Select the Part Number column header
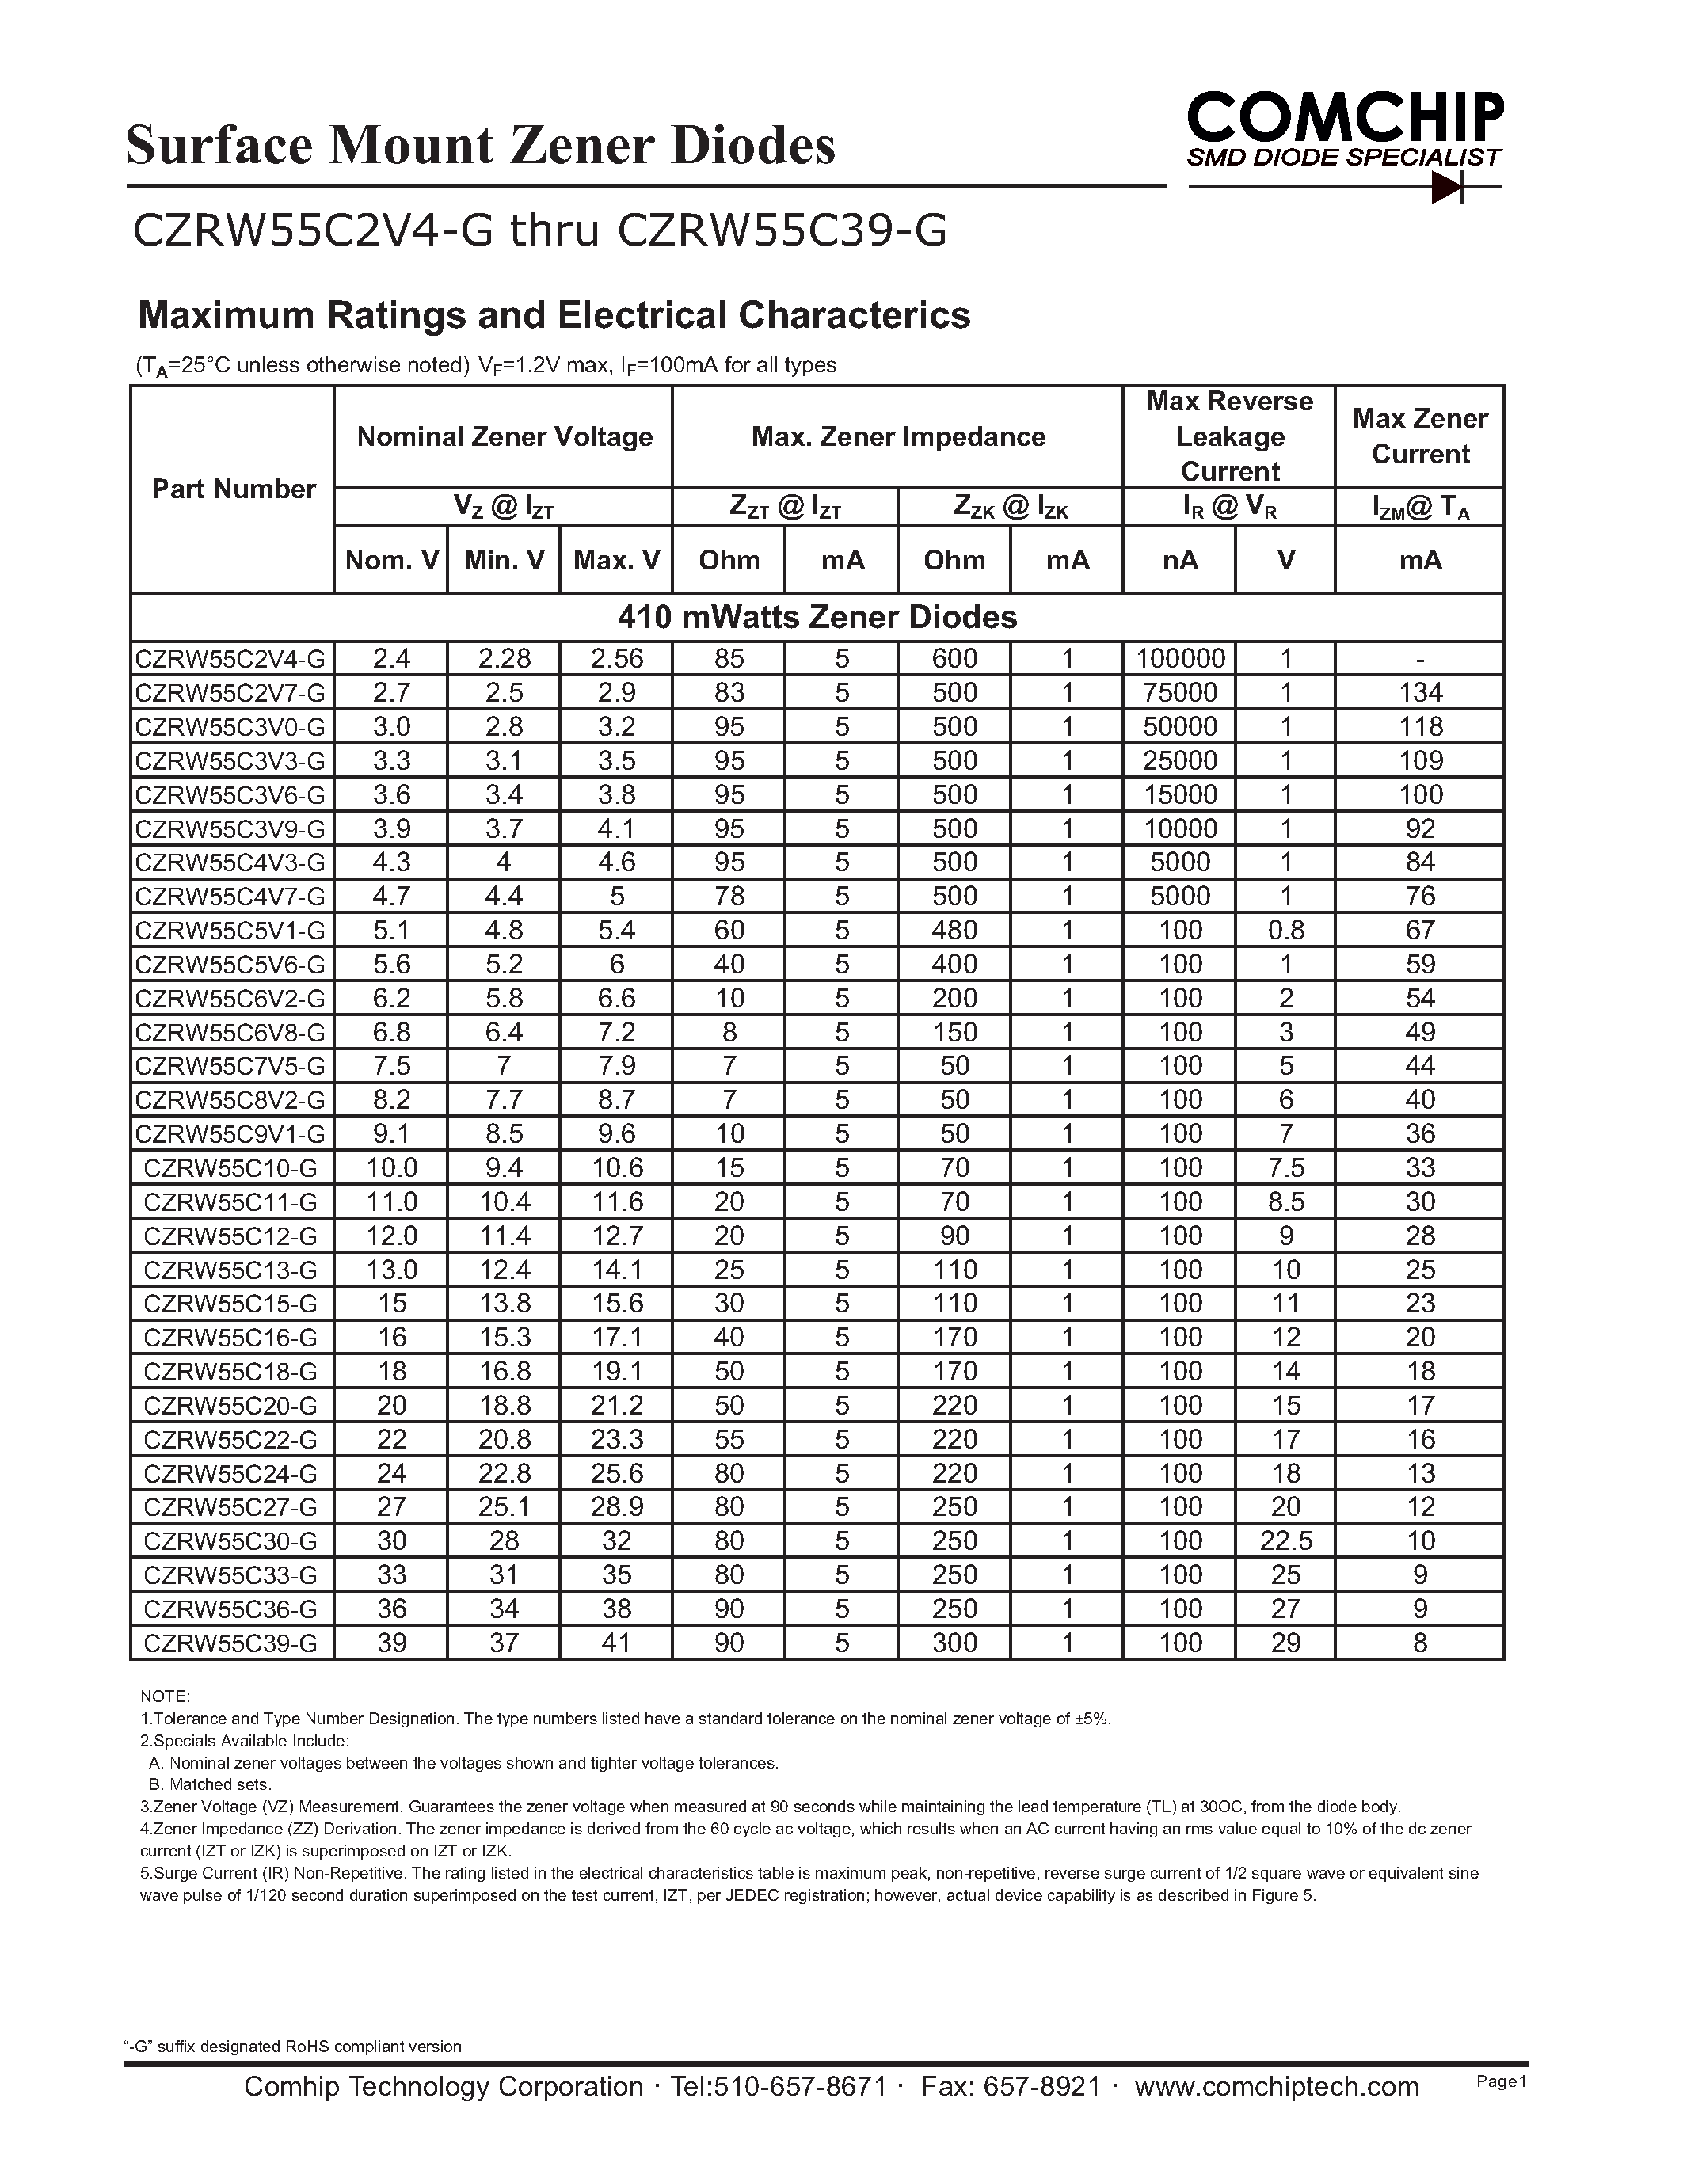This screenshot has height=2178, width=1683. tap(234, 489)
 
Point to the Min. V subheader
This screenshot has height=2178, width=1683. tap(504, 559)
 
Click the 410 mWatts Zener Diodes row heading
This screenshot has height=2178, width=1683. tap(817, 617)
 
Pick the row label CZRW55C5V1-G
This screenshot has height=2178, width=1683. tap(230, 931)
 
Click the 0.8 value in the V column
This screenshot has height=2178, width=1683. tap(1285, 931)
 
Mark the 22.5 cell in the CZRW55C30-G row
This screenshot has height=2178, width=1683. tap(1285, 1540)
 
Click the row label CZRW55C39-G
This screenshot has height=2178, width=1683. tap(230, 1643)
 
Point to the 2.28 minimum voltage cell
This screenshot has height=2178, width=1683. tap(504, 658)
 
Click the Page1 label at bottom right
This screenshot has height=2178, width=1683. tap(1501, 2081)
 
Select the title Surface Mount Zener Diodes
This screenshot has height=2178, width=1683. tap(481, 146)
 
